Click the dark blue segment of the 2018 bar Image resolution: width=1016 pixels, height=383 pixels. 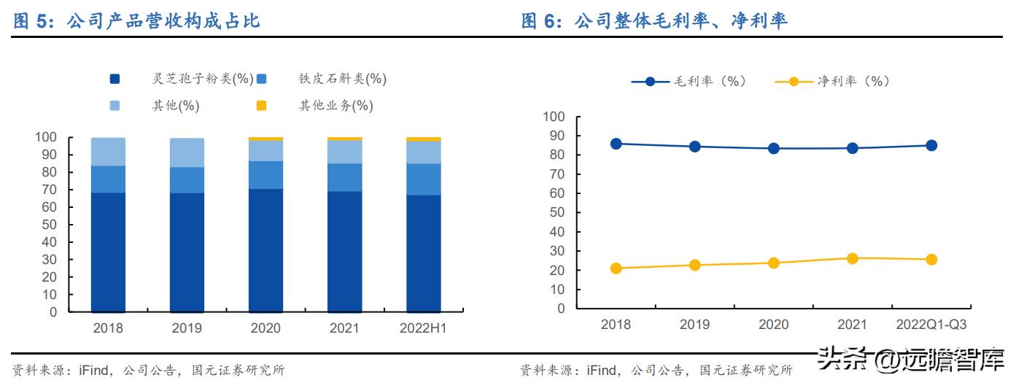coord(108,252)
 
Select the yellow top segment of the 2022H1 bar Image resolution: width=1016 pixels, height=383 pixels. coord(423,139)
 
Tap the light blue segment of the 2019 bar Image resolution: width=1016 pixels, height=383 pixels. coord(187,152)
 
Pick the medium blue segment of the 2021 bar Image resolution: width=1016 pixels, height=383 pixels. coord(344,177)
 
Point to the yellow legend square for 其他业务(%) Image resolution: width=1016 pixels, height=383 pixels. coord(261,106)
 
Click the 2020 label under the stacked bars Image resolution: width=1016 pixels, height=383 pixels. coord(265,328)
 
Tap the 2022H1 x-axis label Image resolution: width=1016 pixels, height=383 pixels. coord(423,328)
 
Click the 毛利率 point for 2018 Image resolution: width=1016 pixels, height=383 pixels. coord(616,144)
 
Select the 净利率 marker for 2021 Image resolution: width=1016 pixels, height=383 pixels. coord(853,258)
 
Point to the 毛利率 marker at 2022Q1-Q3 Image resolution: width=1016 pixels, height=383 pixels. coord(931,145)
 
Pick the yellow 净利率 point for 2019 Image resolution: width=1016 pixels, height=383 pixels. coord(695,265)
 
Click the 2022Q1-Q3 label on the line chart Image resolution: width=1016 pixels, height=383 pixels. coord(931,325)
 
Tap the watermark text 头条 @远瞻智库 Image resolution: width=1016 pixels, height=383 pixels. coord(911,360)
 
